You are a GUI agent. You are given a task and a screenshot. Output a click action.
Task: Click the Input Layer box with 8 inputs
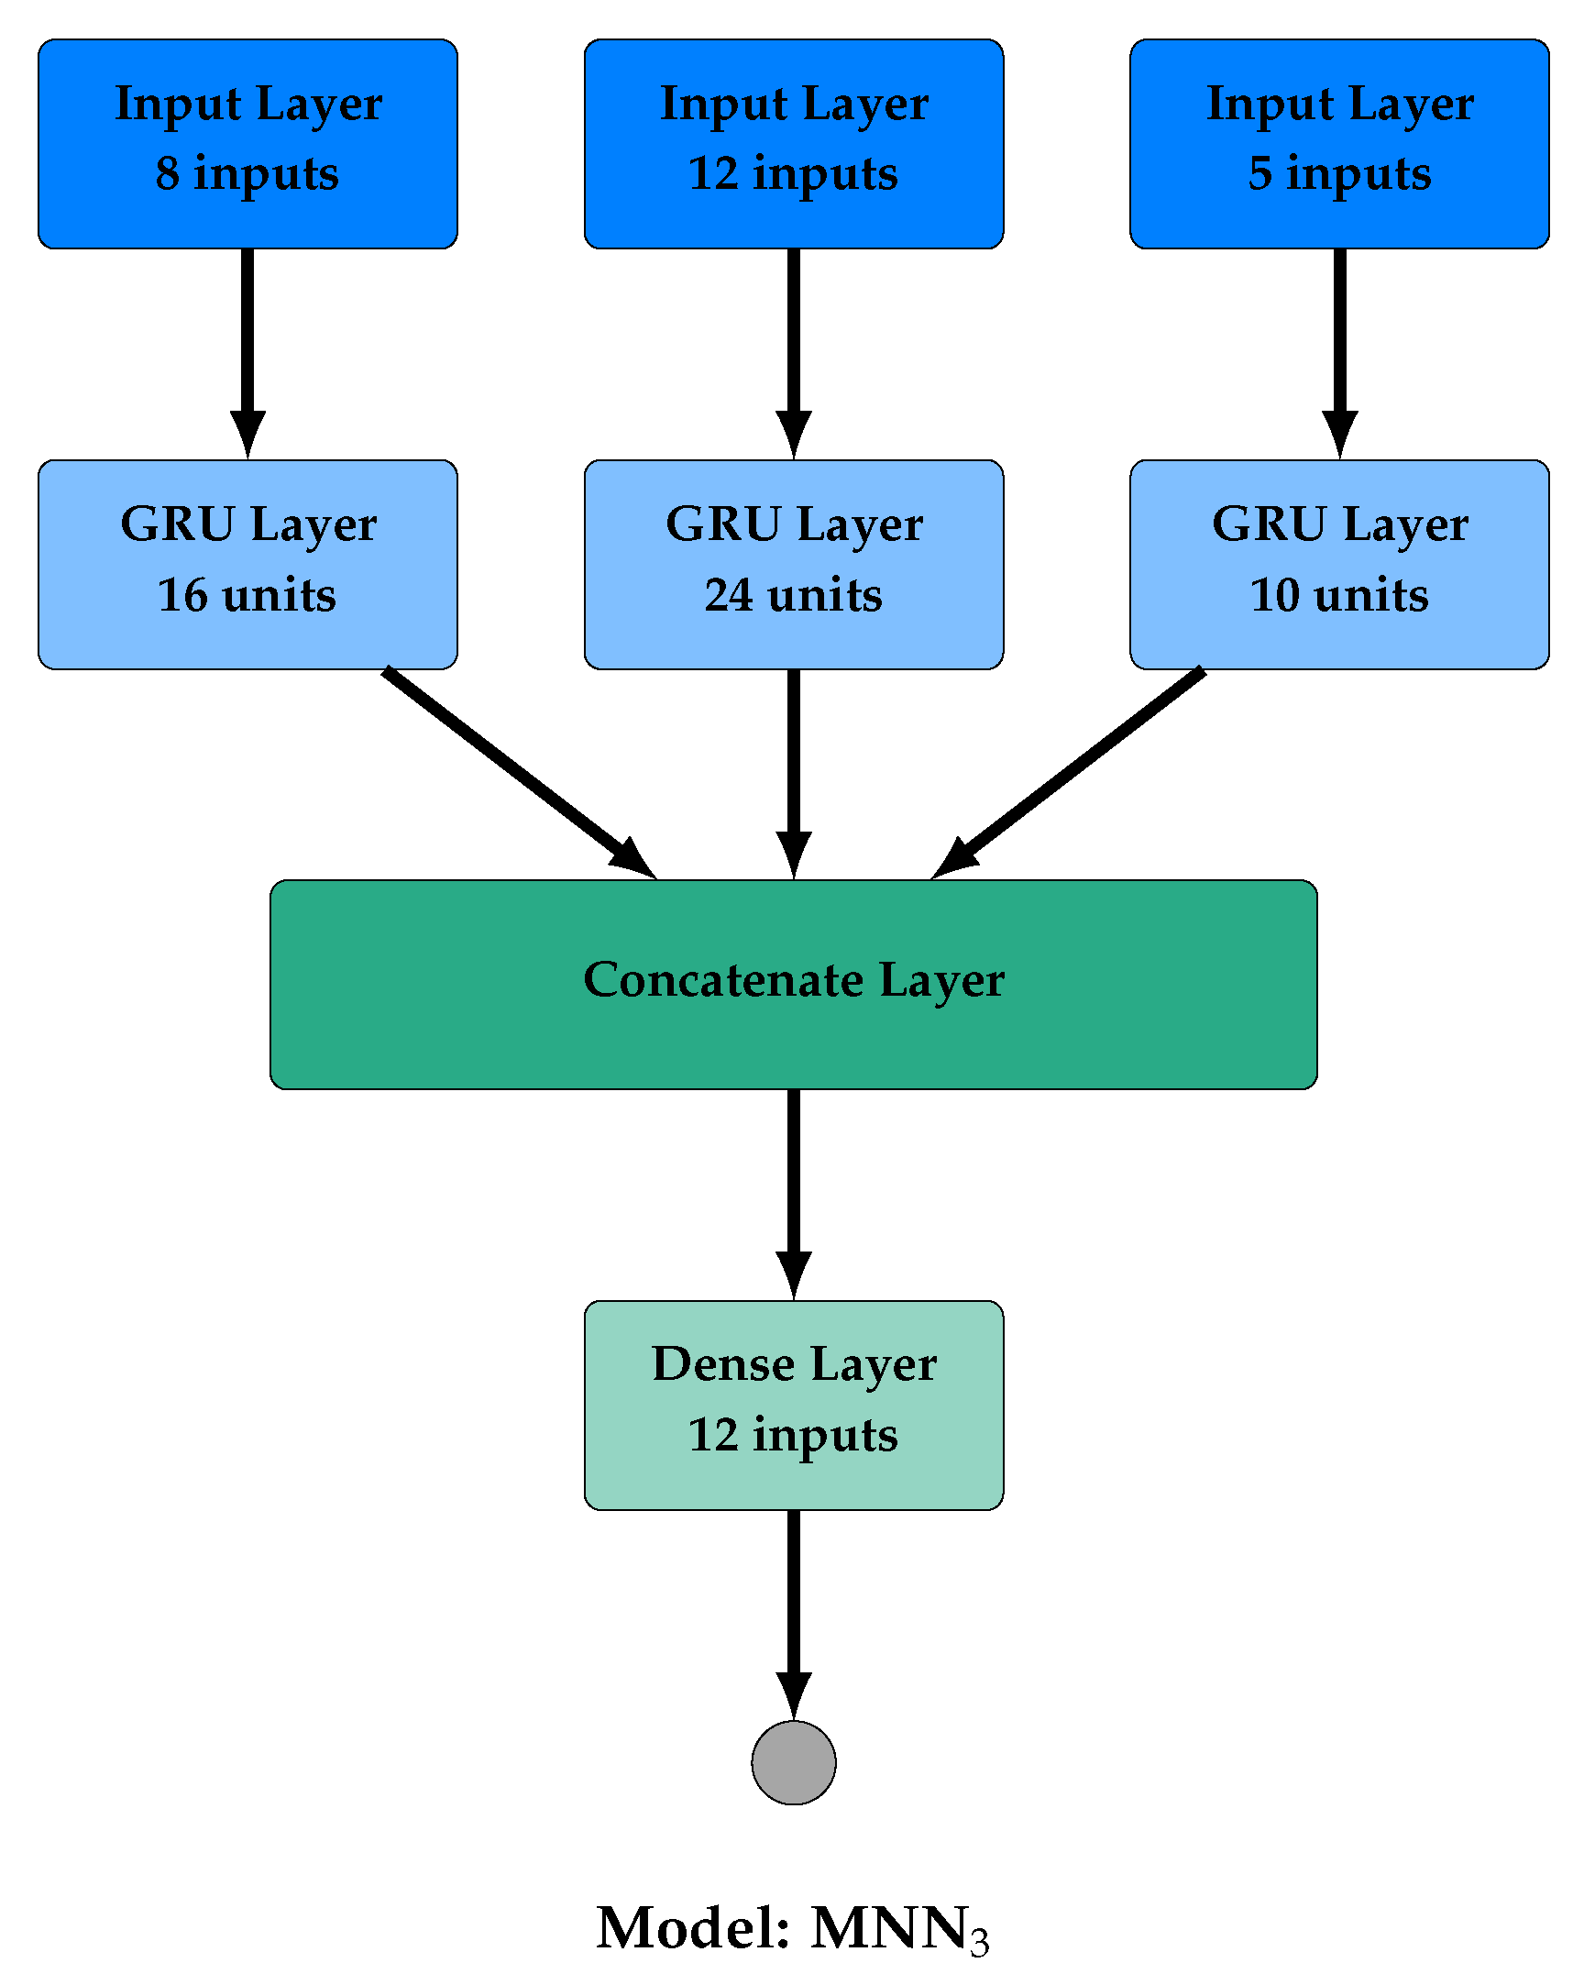pos(247,144)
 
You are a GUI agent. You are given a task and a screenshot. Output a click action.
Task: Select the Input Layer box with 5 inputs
pos(1339,144)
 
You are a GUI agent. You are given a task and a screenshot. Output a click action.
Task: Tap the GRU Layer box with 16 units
pos(247,565)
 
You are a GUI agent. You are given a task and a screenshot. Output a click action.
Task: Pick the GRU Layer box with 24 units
pos(794,565)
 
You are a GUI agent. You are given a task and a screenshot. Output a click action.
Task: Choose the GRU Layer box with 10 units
pos(1339,565)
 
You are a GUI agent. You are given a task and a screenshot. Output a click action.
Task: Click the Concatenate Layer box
pos(794,985)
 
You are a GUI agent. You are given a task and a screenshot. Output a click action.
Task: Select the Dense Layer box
pos(794,1405)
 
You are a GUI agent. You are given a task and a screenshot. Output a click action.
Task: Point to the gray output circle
pos(794,1762)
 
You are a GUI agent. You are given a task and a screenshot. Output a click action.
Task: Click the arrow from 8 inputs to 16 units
pos(247,348)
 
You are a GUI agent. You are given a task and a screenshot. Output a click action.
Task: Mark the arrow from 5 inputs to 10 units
pos(1339,348)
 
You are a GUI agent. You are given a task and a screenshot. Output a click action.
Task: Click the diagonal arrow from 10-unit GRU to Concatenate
pos(1072,770)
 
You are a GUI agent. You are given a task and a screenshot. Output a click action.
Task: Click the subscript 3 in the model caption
pos(980,1943)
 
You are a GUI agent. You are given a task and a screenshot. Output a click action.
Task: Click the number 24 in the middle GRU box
pos(729,595)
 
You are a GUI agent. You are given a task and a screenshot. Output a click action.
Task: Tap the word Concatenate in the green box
pos(723,980)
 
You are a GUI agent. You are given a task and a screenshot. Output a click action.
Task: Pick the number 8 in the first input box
pos(168,173)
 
